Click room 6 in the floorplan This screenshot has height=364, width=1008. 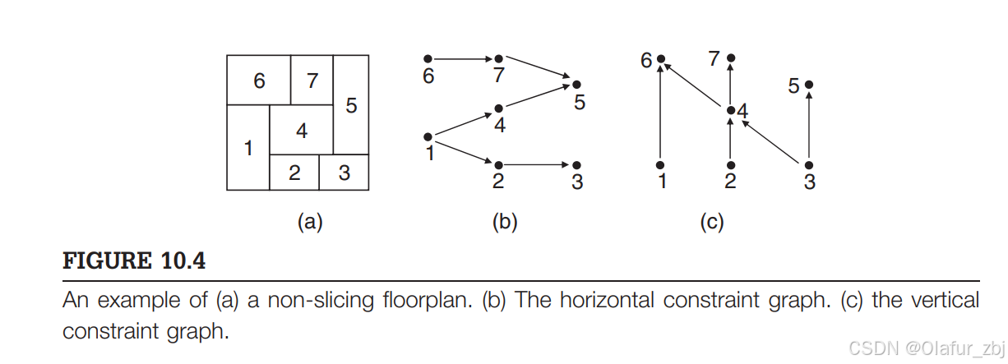[258, 81]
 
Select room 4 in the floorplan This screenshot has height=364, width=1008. [301, 130]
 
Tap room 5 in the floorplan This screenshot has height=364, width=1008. [351, 105]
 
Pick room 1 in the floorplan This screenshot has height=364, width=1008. [247, 148]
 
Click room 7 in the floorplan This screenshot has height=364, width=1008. [312, 81]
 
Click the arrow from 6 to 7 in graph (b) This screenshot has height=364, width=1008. [462, 59]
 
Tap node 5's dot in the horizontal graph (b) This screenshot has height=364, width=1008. [576, 85]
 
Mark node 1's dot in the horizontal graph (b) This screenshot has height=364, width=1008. [428, 136]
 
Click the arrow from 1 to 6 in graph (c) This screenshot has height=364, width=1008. [660, 115]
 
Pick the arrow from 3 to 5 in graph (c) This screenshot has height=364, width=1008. [809, 127]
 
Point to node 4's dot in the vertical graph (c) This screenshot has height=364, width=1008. [731, 109]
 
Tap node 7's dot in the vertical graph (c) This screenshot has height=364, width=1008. [731, 59]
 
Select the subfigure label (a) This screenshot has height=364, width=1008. [308, 222]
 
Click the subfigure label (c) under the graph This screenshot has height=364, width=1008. [710, 222]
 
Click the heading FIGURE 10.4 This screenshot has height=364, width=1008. [135, 262]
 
